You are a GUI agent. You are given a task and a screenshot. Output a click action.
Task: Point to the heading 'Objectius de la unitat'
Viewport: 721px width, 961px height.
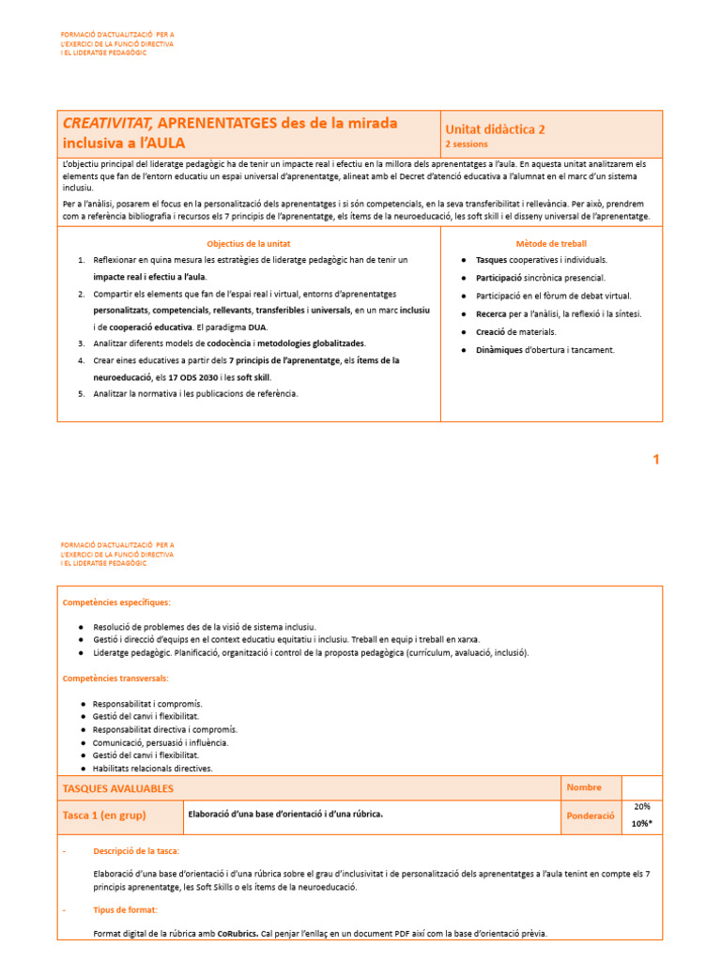click(x=249, y=243)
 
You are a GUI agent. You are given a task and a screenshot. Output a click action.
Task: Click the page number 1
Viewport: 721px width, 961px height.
click(x=656, y=459)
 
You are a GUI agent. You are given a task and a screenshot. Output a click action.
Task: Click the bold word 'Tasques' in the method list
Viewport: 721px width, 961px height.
click(x=493, y=260)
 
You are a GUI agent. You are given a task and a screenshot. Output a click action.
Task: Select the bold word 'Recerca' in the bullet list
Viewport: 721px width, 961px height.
click(x=492, y=313)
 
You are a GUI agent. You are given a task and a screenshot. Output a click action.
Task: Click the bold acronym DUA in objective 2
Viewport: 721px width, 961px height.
click(x=257, y=327)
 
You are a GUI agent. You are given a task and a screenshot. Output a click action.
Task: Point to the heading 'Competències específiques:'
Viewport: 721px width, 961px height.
click(x=116, y=603)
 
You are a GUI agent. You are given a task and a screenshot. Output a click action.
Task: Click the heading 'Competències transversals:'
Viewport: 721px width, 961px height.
click(x=115, y=678)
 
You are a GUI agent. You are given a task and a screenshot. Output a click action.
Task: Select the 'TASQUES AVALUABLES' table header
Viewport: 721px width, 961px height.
click(x=117, y=789)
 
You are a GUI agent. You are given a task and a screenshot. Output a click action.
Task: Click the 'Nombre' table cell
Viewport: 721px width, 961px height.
click(x=584, y=787)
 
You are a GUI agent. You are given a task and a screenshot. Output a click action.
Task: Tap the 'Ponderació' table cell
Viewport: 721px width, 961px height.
click(x=590, y=816)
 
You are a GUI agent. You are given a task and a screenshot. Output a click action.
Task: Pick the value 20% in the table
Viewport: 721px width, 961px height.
click(x=642, y=806)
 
